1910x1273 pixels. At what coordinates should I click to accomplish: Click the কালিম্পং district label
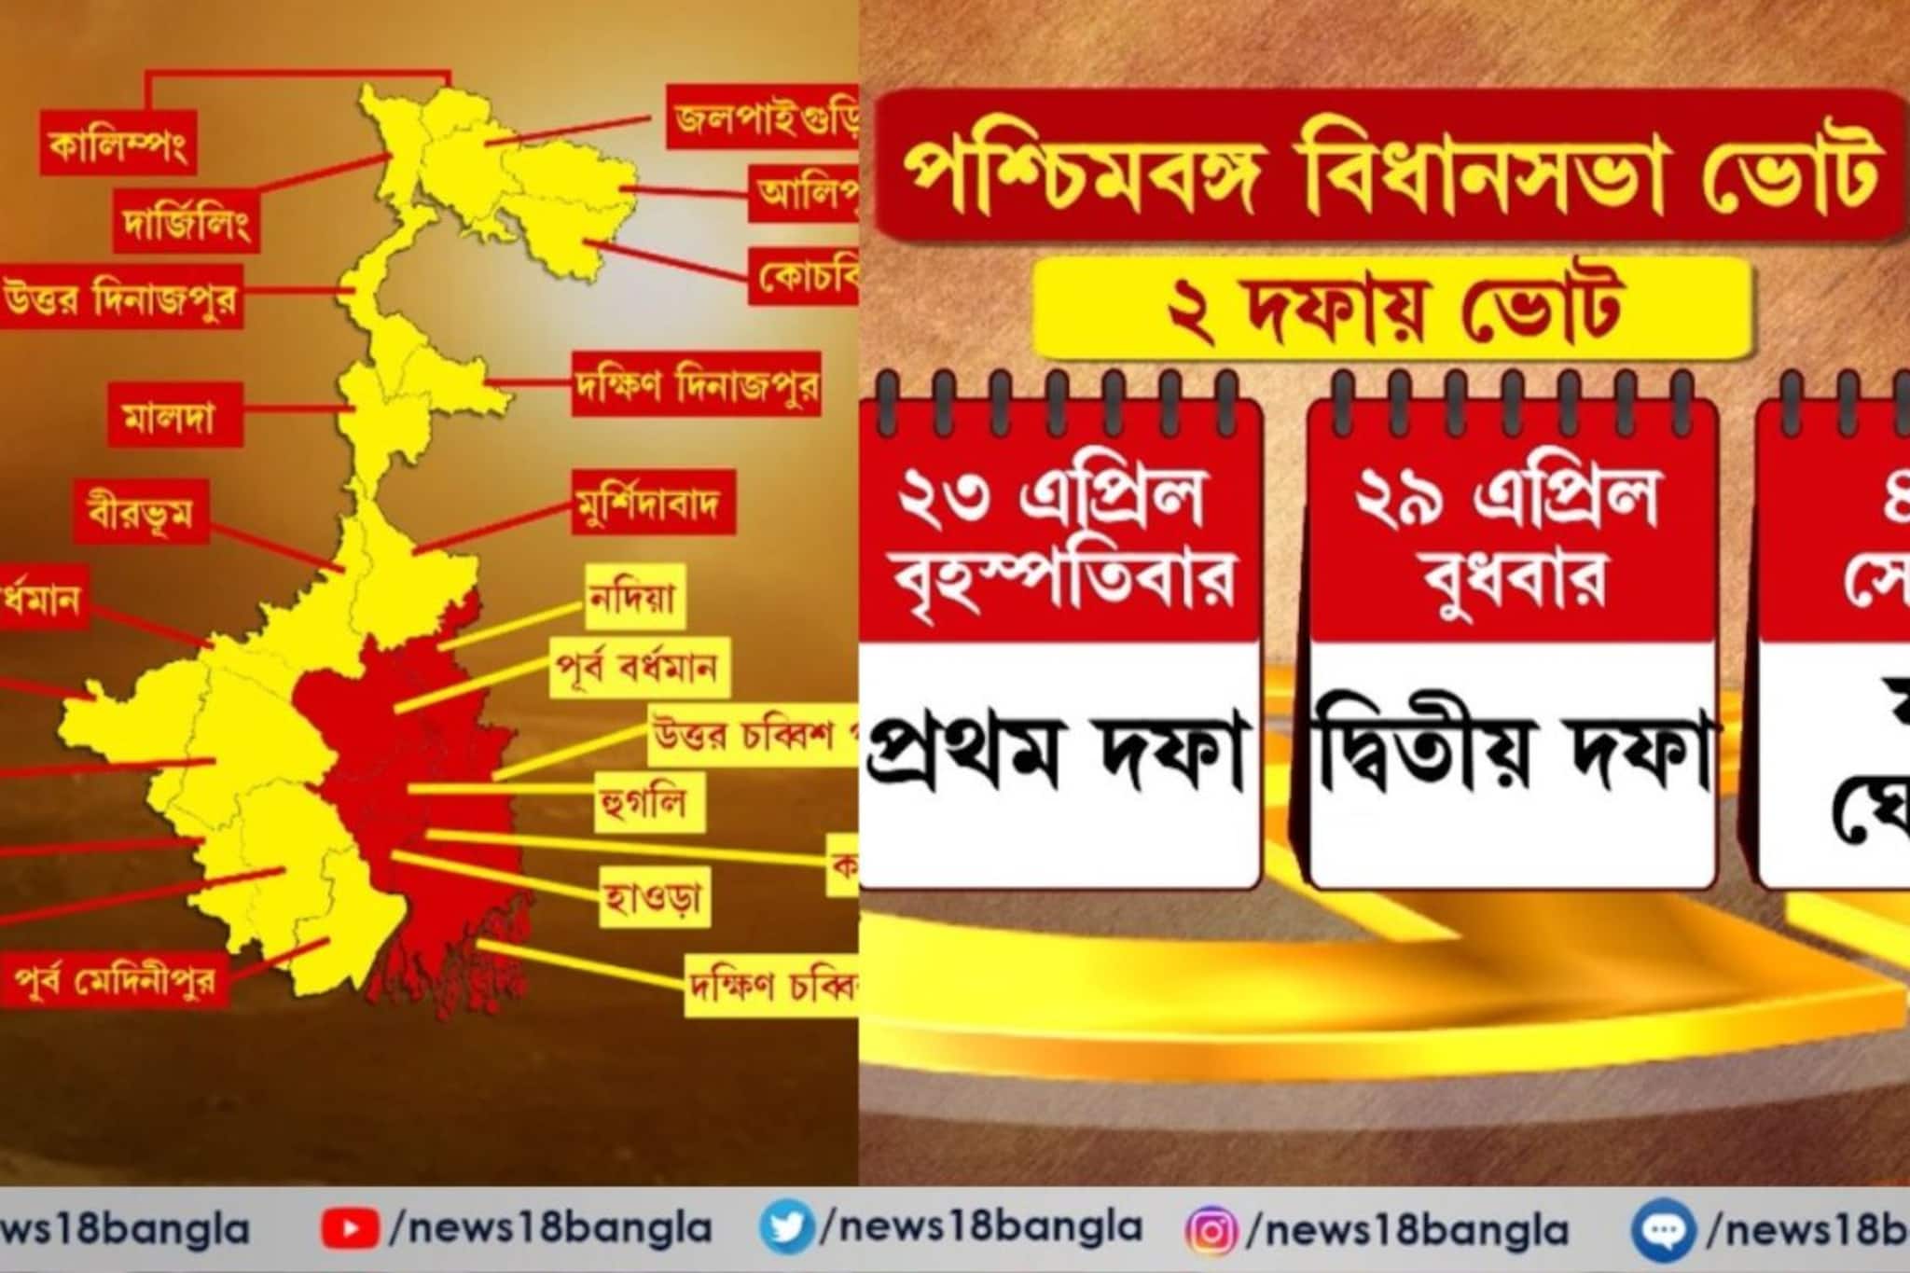click(x=118, y=145)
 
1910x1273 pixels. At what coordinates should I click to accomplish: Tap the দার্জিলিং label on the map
click(x=186, y=222)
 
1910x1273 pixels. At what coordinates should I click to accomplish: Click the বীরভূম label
click(x=141, y=511)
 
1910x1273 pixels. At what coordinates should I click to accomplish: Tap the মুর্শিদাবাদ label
click(x=653, y=504)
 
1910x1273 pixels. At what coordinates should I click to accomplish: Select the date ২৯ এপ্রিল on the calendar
click(x=1509, y=497)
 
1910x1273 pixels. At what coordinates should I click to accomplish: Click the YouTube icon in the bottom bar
click(x=350, y=1229)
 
